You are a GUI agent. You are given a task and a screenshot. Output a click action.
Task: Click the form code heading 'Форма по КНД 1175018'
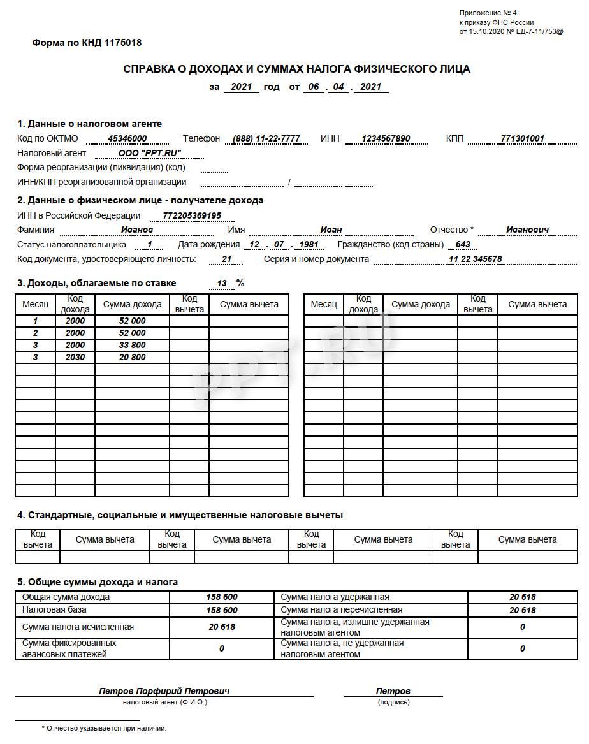pyautogui.click(x=87, y=43)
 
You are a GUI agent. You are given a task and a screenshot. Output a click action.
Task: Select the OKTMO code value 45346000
pyautogui.click(x=127, y=138)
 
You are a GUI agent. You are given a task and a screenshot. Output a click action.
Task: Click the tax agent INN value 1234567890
pyautogui.click(x=386, y=138)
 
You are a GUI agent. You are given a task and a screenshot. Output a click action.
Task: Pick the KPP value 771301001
pyautogui.click(x=522, y=138)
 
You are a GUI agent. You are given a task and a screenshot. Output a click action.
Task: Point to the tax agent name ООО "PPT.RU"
pyautogui.click(x=150, y=153)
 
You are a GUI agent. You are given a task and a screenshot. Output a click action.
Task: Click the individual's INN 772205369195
pyautogui.click(x=192, y=215)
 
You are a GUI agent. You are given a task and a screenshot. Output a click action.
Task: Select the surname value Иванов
pyautogui.click(x=137, y=230)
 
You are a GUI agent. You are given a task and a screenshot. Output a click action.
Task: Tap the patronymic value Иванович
pyautogui.click(x=527, y=230)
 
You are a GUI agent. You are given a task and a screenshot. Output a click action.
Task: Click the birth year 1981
pyautogui.click(x=308, y=244)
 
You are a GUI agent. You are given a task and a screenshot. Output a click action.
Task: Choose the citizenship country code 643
pyautogui.click(x=463, y=244)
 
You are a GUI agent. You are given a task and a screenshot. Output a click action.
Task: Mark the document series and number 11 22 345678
pyautogui.click(x=475, y=259)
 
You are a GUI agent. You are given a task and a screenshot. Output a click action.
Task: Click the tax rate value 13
pyautogui.click(x=222, y=283)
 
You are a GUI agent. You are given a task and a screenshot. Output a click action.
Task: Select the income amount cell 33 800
pyautogui.click(x=132, y=345)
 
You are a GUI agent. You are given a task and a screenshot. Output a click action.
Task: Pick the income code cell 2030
pyautogui.click(x=75, y=357)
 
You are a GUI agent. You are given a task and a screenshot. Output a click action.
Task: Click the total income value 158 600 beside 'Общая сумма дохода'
pyautogui.click(x=222, y=597)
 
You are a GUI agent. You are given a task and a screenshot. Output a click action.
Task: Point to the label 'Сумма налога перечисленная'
pyautogui.click(x=342, y=609)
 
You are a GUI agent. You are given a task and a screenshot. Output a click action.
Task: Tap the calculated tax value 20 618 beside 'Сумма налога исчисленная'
pyautogui.click(x=222, y=627)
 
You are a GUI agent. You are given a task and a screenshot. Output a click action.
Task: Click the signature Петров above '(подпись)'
pyautogui.click(x=393, y=691)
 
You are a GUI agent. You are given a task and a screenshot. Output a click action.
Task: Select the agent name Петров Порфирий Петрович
pyautogui.click(x=164, y=691)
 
